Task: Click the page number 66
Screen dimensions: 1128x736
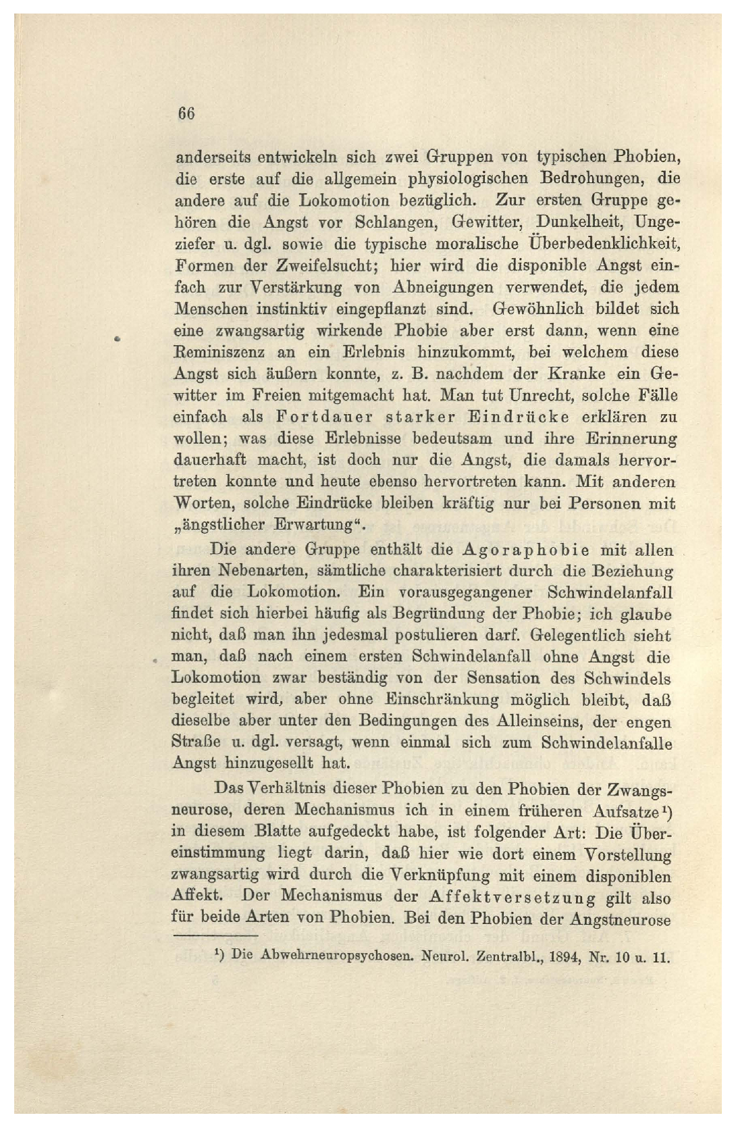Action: (x=186, y=113)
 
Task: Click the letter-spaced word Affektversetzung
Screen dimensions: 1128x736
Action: (x=512, y=898)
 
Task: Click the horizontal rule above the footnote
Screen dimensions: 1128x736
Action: (x=216, y=936)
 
